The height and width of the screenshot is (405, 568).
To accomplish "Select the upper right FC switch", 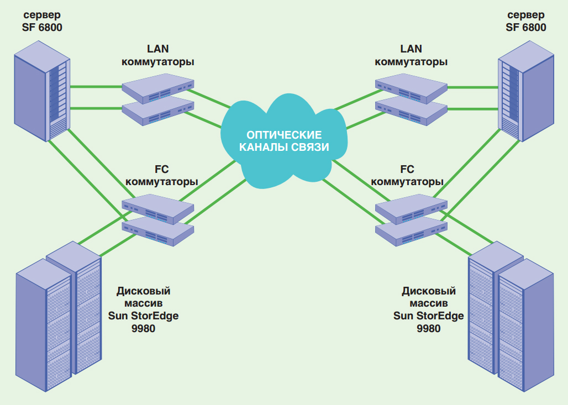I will [411, 209].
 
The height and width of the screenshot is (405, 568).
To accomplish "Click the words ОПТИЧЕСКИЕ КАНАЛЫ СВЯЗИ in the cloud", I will [283, 141].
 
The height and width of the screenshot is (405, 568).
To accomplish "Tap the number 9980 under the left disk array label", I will [144, 328].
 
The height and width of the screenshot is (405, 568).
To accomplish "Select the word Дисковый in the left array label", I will [144, 291].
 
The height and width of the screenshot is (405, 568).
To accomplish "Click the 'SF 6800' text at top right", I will [526, 27].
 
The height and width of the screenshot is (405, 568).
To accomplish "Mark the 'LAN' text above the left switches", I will [157, 49].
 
